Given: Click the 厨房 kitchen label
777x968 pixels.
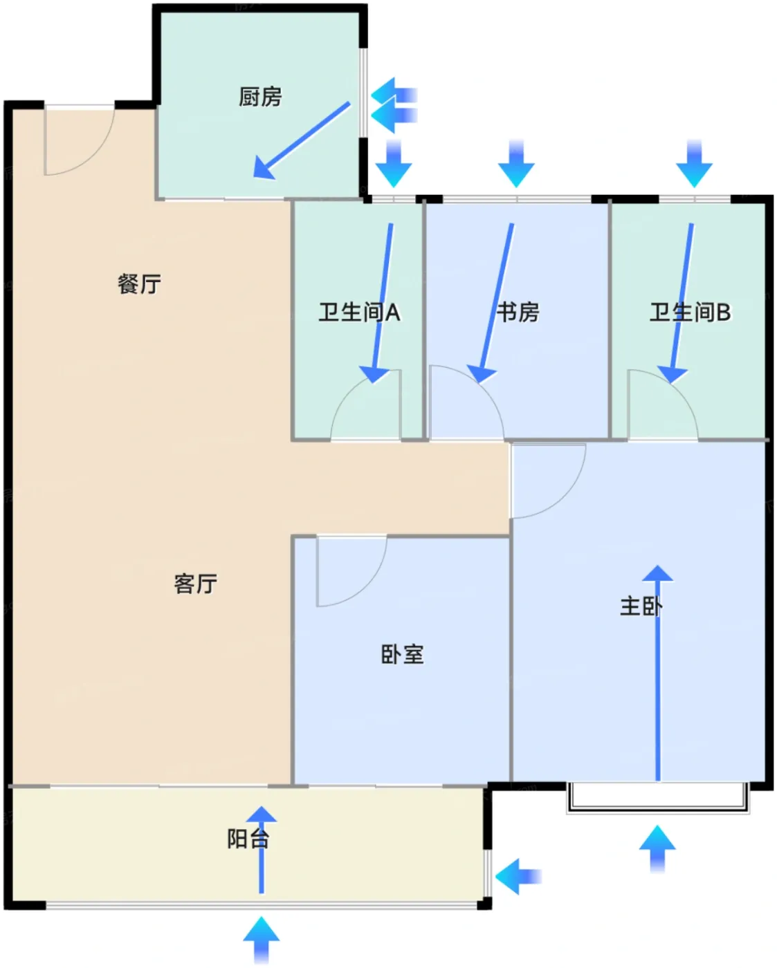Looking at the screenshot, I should point(260,97).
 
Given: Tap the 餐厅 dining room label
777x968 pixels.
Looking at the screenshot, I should point(139,283).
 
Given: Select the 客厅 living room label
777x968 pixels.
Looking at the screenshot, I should point(195,584).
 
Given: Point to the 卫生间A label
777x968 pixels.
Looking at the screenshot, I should point(359,313).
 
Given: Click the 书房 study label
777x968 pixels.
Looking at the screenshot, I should point(518,313).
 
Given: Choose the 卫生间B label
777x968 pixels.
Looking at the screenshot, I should point(690,313).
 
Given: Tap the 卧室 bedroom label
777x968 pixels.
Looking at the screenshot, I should point(402,654).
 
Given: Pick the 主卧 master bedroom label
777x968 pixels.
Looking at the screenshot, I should point(641,606).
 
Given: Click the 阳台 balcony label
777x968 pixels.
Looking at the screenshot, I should point(248,839).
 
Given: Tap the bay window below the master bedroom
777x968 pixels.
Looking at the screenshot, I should point(657,797).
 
